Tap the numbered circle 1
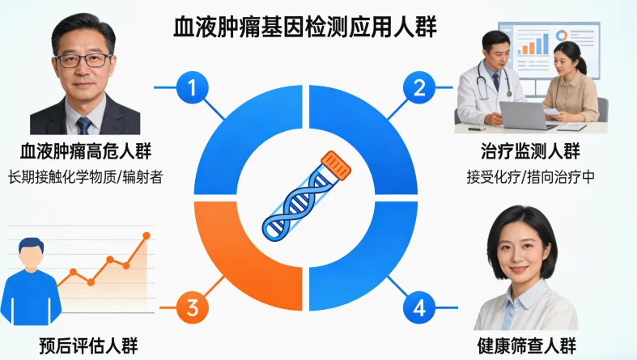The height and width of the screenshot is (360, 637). (192, 88)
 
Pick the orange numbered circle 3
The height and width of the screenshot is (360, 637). (192, 307)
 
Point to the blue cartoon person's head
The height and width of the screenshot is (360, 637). (31, 253)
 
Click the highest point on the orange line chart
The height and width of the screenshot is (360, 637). (147, 236)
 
